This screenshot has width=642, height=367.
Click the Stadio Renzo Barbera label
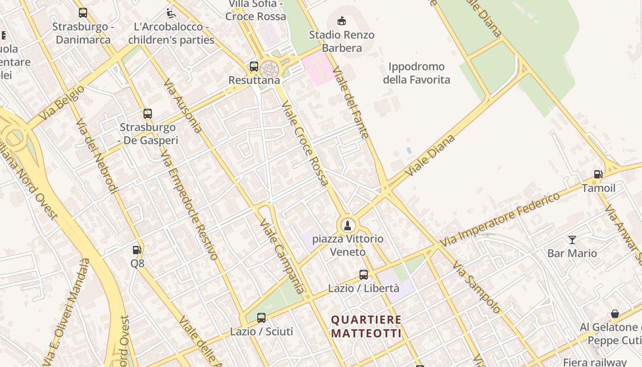pos(342,41)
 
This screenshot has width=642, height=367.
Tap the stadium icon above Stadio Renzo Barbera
pos(342,21)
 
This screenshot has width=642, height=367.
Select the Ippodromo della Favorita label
pos(416,73)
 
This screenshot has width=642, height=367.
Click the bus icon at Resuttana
pos(254,67)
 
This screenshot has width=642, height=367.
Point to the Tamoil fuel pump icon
pos(598,174)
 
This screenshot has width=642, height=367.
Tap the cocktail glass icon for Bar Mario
pos(572,239)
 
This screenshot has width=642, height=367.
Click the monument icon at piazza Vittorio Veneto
pos(348,225)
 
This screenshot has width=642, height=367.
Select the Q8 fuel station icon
pos(137,250)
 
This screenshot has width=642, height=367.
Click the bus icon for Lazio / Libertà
pos(364,275)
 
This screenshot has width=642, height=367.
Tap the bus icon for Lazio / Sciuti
pos(261,317)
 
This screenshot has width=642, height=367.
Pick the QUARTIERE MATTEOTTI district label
pos(366,326)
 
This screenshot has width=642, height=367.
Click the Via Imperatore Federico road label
pos(500,219)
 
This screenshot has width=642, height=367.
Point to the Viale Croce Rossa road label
pos(305,144)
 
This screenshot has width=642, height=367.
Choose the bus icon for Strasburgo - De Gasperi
pos(147,114)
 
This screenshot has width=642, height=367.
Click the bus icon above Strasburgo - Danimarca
pos(83,13)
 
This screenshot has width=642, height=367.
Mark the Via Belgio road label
pos(62,103)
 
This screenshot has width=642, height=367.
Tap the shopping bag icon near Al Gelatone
pos(615,314)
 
